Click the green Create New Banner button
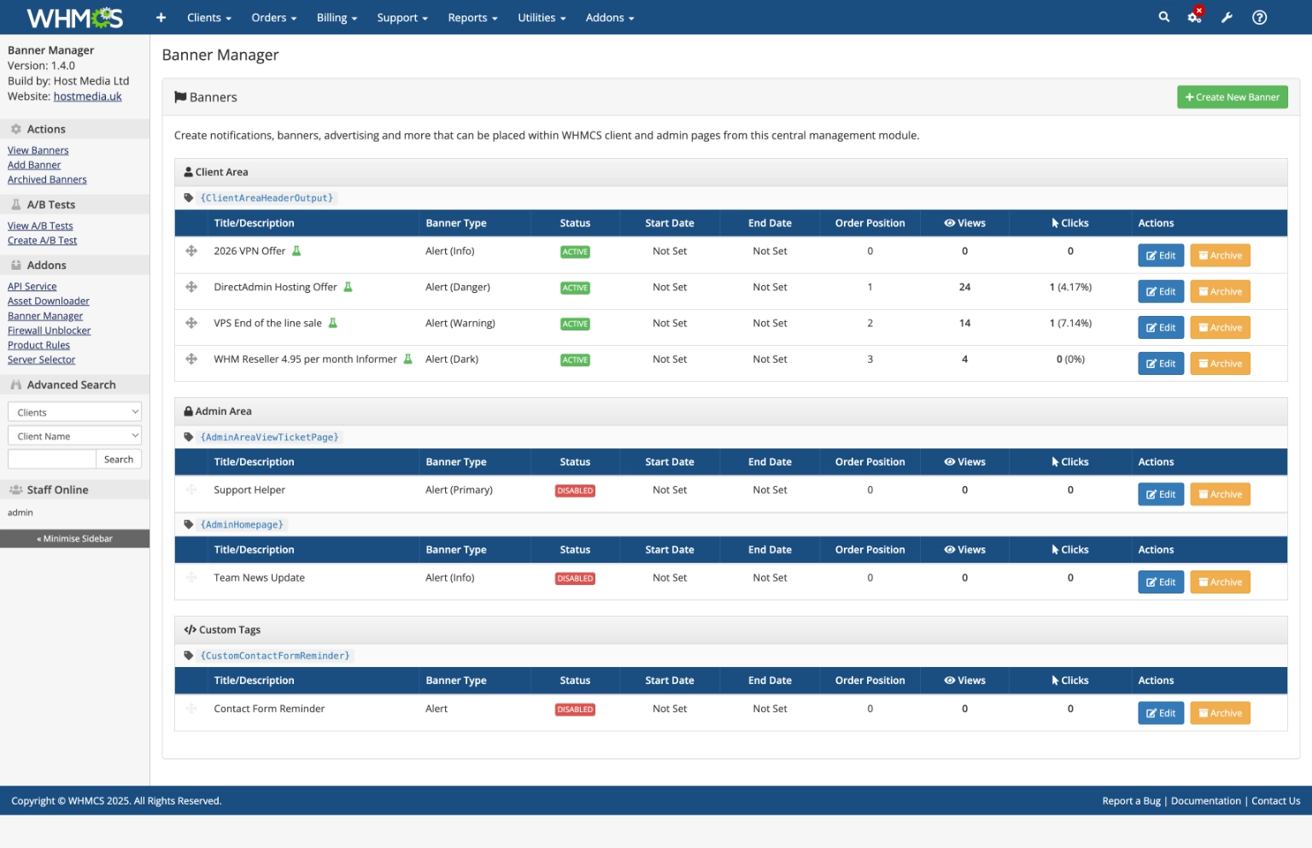click(1232, 97)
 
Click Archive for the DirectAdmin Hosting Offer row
click(1220, 292)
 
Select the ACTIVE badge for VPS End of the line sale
click(575, 325)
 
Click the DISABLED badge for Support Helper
click(575, 491)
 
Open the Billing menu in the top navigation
click(337, 18)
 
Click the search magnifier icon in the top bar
click(1163, 17)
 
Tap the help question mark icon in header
click(1259, 17)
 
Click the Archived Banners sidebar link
click(47, 180)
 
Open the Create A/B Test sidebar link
click(42, 241)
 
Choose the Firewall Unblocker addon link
click(49, 331)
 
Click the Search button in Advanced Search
click(119, 459)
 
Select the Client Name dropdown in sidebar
click(74, 436)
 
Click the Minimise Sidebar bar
click(74, 539)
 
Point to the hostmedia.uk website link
click(87, 96)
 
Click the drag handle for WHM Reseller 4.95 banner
click(191, 360)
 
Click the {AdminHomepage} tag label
click(242, 525)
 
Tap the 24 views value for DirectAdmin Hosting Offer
click(964, 288)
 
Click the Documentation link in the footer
click(1205, 801)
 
